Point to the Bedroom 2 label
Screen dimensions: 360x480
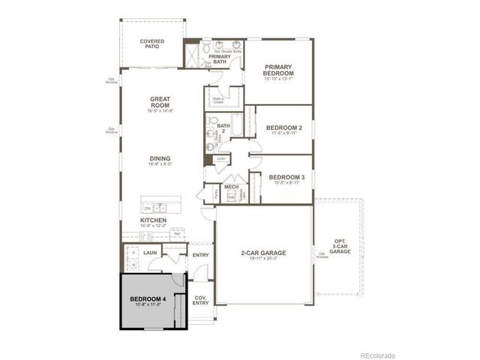pos(284,128)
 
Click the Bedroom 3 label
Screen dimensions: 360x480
pos(284,178)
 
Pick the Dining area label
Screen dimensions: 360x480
pos(160,159)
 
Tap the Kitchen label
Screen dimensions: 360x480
pos(153,220)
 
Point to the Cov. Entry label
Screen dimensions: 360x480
pos(200,300)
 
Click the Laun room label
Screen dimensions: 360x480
pos(150,253)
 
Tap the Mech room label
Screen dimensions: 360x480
pos(231,187)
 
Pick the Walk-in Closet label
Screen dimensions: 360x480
pos(219,100)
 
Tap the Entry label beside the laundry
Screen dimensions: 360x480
pos(200,256)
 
